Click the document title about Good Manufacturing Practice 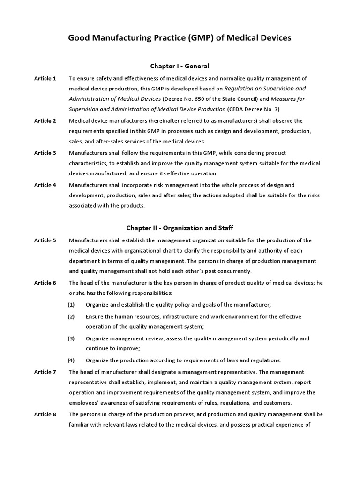coord(180,38)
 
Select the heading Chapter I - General coord(180,66)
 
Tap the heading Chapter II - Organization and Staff coord(180,228)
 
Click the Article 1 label coord(45,78)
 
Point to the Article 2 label coord(45,121)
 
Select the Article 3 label coord(45,153)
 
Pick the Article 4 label coord(45,185)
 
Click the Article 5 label coord(45,240)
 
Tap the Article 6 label coord(45,283)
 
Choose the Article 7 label coord(45,372)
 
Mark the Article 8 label coord(45,414)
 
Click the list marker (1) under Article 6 coord(71,305)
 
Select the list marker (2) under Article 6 coord(71,317)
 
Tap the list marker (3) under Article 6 coord(71,338)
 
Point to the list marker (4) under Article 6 coord(71,360)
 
